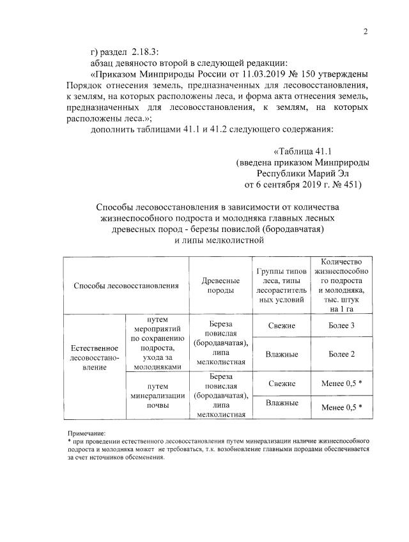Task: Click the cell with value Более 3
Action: click(341, 326)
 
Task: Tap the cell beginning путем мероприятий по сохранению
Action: click(157, 343)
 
